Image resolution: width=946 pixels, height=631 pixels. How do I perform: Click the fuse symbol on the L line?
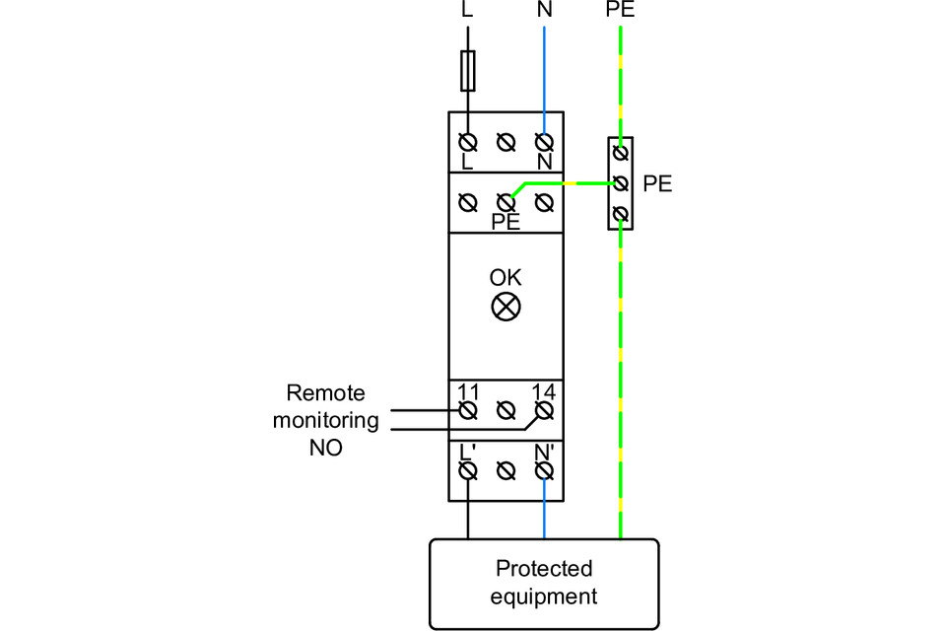pyautogui.click(x=468, y=71)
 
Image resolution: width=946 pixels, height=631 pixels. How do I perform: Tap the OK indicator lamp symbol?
pyautogui.click(x=506, y=307)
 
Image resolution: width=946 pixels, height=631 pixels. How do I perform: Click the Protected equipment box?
pyautogui.click(x=544, y=583)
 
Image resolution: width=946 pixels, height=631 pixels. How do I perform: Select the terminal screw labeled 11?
pyautogui.click(x=468, y=408)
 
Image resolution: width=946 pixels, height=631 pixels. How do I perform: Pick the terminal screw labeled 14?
pyautogui.click(x=543, y=408)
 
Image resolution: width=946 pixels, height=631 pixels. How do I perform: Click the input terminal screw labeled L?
pyautogui.click(x=468, y=142)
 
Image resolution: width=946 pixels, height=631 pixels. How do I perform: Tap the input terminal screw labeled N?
pyautogui.click(x=543, y=142)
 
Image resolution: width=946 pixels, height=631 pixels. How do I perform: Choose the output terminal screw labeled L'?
pyautogui.click(x=468, y=470)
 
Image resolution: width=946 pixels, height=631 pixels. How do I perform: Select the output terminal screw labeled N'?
pyautogui.click(x=543, y=470)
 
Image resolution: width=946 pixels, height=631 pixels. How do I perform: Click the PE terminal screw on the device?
pyautogui.click(x=506, y=203)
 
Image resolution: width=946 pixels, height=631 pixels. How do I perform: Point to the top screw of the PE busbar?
pyautogui.click(x=620, y=152)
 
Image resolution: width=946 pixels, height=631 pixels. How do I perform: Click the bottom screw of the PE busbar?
pyautogui.click(x=620, y=215)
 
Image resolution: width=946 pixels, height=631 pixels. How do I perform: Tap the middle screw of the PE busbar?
pyautogui.click(x=620, y=183)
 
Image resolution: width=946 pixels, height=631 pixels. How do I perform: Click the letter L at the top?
pyautogui.click(x=467, y=11)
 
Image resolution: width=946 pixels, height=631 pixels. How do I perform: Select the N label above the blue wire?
pyautogui.click(x=544, y=11)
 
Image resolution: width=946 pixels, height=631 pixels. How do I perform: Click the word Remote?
pyautogui.click(x=325, y=393)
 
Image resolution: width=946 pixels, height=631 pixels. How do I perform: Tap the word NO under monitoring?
pyautogui.click(x=325, y=448)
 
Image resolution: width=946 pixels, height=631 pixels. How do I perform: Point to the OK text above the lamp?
pyautogui.click(x=506, y=278)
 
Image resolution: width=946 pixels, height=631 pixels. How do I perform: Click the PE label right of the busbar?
pyautogui.click(x=657, y=183)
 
